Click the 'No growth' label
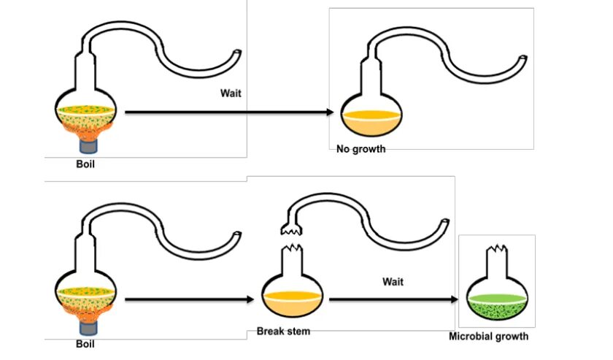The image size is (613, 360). [361, 150]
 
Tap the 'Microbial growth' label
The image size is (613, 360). [489, 337]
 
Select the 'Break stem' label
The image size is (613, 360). [283, 332]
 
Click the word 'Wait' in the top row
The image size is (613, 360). [231, 93]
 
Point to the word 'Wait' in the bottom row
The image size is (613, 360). [393, 281]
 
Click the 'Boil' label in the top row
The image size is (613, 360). [85, 164]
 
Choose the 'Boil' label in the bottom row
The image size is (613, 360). [85, 342]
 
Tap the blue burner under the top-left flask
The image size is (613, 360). [85, 145]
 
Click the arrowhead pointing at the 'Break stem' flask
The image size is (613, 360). [256, 299]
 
